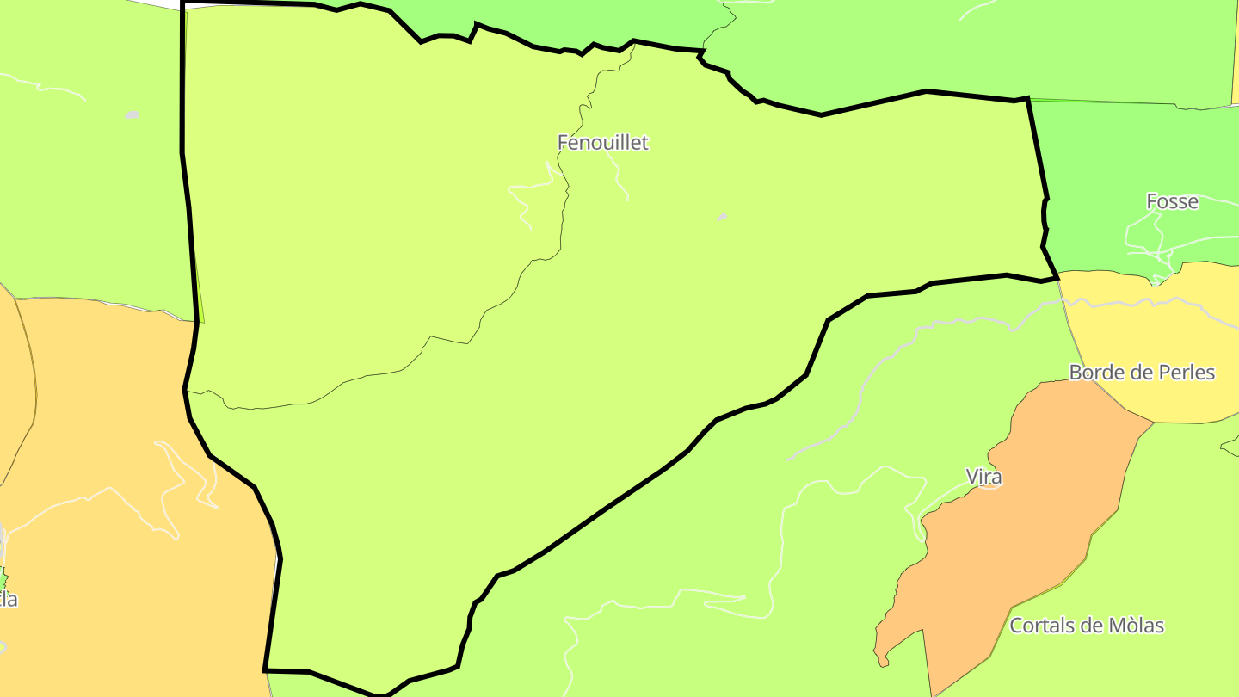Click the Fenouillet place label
pyautogui.click(x=602, y=143)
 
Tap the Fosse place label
pyautogui.click(x=1172, y=201)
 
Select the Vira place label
pyautogui.click(x=983, y=477)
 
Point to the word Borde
pyautogui.click(x=1095, y=373)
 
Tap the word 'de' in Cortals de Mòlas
pyautogui.click(x=1090, y=626)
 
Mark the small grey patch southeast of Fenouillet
pyautogui.click(x=722, y=217)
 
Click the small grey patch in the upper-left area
pyautogui.click(x=132, y=114)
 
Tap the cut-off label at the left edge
pyautogui.click(x=8, y=600)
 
